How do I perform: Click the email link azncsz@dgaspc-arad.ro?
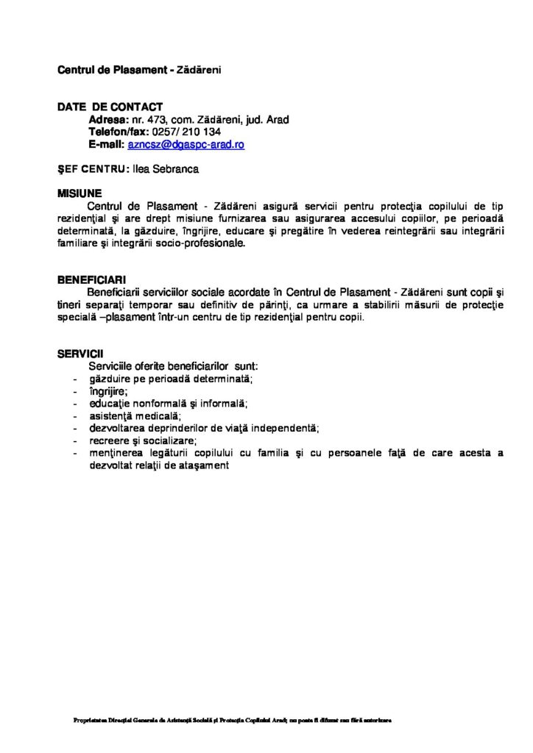pos(186,145)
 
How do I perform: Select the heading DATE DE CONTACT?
pos(110,107)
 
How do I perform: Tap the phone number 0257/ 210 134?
pos(191,132)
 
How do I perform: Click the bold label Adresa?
pos(107,120)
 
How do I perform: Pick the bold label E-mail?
pos(107,145)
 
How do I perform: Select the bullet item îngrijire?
pos(107,391)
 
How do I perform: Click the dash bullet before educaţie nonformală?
pos(77,404)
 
